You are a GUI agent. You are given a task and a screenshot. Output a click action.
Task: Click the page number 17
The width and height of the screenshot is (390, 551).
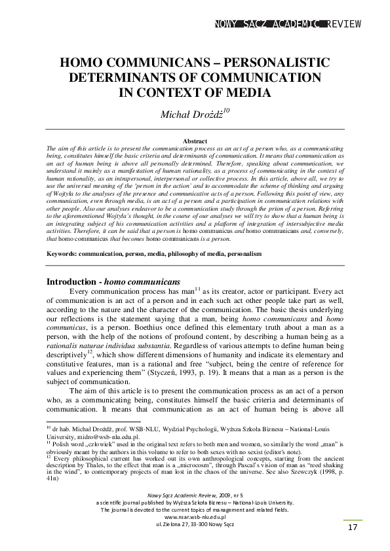pyautogui.click(x=352, y=527)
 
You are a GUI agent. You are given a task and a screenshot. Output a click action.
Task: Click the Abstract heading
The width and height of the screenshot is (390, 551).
pyautogui.click(x=195, y=141)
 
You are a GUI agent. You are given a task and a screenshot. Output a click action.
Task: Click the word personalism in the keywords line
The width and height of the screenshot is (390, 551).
pyautogui.click(x=245, y=234)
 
